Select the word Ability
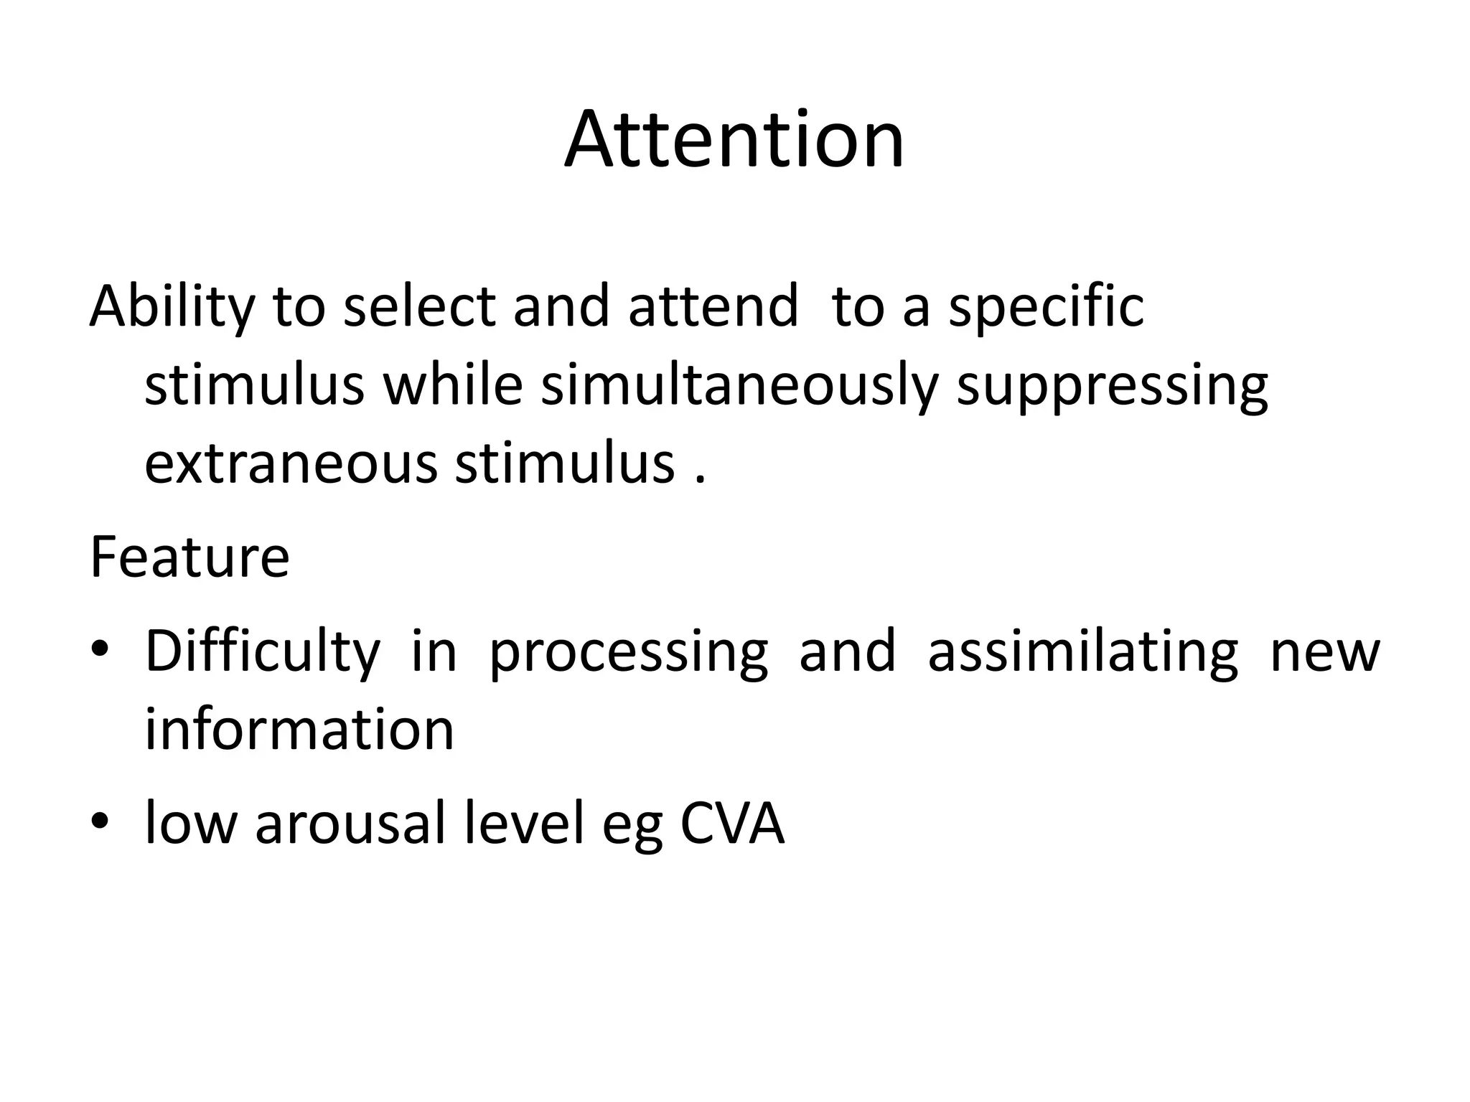click(x=172, y=307)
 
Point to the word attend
click(x=713, y=307)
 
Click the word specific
click(x=1046, y=307)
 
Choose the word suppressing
click(x=1113, y=386)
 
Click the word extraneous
click(x=291, y=463)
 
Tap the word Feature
click(x=189, y=557)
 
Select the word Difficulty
click(x=263, y=651)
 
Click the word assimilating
click(x=1083, y=651)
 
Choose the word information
click(x=299, y=729)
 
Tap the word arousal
click(x=351, y=823)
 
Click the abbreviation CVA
click(x=731, y=823)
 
